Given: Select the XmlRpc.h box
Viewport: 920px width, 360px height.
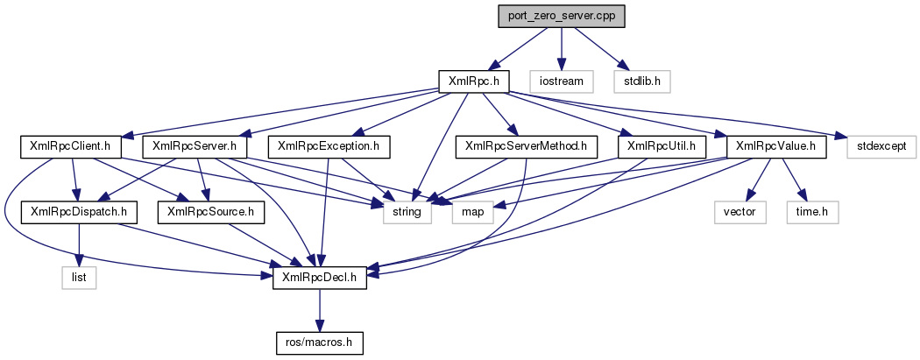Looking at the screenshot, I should (473, 81).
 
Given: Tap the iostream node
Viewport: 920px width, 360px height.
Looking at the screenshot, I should (560, 81).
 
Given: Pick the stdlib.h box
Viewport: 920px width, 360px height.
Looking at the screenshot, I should (642, 81).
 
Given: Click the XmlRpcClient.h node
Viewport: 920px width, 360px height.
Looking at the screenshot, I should (71, 146).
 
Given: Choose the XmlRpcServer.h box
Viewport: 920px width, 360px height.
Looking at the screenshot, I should (195, 146).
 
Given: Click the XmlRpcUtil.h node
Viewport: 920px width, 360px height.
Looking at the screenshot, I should (657, 146).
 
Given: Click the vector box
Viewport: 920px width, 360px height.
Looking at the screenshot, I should (740, 211).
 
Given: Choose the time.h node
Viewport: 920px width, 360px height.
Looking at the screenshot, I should (815, 211).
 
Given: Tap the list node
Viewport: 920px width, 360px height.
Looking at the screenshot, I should (79, 277).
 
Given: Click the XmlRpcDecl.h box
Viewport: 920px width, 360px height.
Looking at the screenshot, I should (320, 277).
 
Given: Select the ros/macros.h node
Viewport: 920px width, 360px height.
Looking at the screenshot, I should (320, 342).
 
